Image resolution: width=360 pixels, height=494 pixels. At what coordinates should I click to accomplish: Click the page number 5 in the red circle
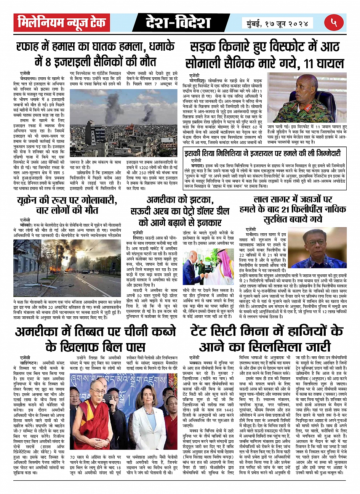click(x=334, y=23)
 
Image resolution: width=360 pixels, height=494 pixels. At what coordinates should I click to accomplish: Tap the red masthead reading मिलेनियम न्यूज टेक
click(x=62, y=23)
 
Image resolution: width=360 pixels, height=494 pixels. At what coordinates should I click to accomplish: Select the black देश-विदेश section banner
click(x=178, y=23)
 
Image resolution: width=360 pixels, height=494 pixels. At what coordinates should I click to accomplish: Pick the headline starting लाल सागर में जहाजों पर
click(x=293, y=199)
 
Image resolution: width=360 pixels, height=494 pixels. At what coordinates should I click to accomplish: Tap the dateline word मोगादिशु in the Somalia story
click(x=198, y=81)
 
